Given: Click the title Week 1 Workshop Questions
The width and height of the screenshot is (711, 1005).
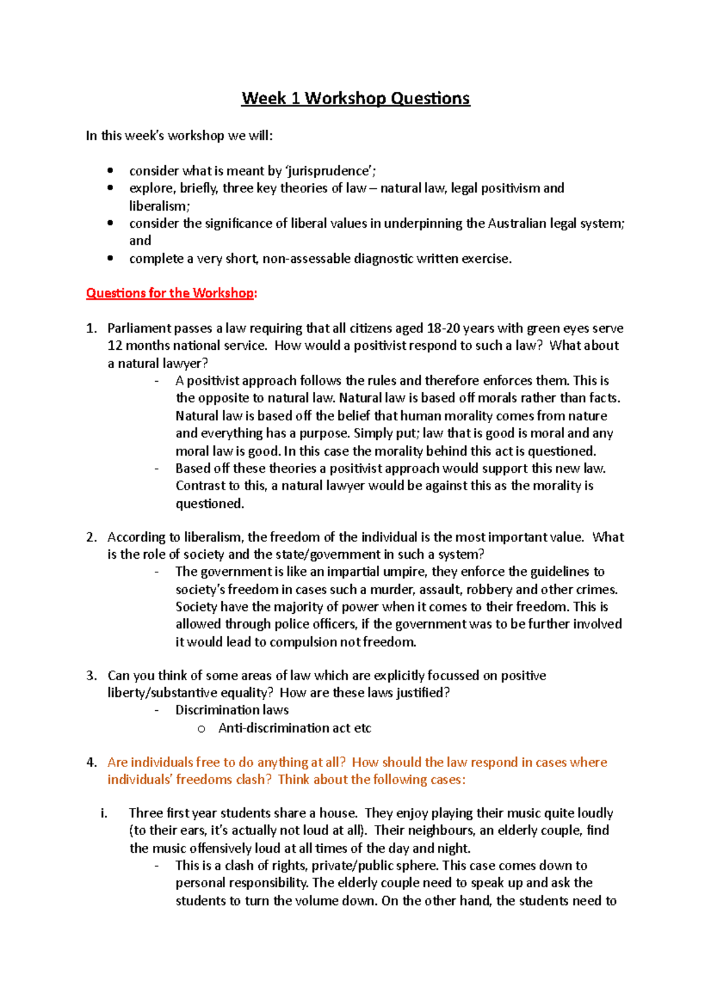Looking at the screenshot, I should (355, 98).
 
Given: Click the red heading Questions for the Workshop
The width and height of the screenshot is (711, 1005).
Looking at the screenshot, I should (171, 293).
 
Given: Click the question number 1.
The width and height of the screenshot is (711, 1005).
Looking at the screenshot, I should (91, 328).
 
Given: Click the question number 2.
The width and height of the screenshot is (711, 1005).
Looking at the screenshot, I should (91, 537).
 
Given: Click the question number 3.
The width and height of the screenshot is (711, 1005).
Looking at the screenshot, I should (91, 676).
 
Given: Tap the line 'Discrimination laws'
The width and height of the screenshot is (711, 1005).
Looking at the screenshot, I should (232, 710).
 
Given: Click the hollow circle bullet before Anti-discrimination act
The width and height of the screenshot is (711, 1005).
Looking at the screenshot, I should (201, 729).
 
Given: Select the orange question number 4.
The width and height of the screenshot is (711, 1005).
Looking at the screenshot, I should (91, 762).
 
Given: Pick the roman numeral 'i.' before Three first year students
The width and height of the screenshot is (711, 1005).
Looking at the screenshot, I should (104, 813).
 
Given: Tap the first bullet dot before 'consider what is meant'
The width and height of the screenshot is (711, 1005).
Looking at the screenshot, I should (110, 171).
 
